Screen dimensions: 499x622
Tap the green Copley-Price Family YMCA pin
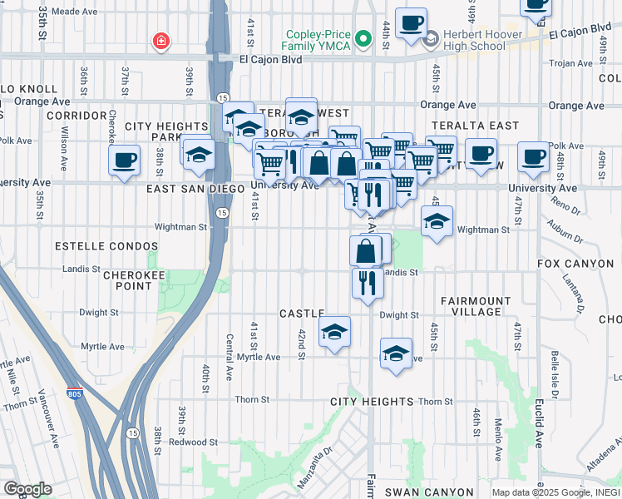click(x=363, y=38)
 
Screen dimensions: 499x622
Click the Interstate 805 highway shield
click(x=76, y=391)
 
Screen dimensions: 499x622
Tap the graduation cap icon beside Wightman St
click(x=437, y=221)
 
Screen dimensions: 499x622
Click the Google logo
click(x=27, y=489)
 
